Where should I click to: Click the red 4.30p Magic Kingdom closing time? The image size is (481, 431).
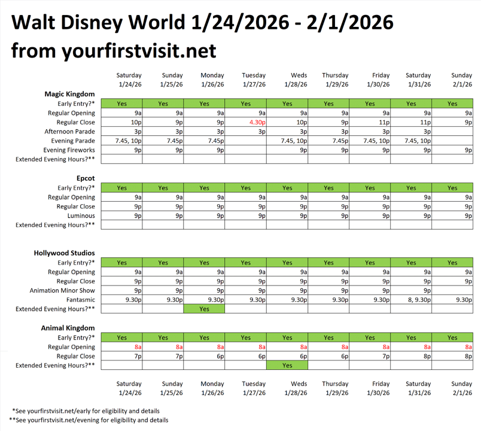257,122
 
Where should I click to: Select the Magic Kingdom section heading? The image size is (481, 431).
69,94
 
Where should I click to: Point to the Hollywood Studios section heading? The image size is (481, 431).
64,253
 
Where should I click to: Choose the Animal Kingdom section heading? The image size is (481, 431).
68,328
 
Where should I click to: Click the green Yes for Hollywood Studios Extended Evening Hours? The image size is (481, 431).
204,309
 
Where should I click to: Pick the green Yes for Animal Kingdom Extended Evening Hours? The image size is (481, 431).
287,365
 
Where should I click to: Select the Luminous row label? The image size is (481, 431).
80,215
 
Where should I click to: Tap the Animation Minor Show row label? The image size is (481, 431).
62,290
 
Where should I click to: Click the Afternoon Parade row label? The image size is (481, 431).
69,132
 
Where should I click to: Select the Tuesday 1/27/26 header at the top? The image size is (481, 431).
254,80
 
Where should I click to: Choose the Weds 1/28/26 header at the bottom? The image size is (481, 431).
295,388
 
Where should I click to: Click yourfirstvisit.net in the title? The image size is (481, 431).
139,51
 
